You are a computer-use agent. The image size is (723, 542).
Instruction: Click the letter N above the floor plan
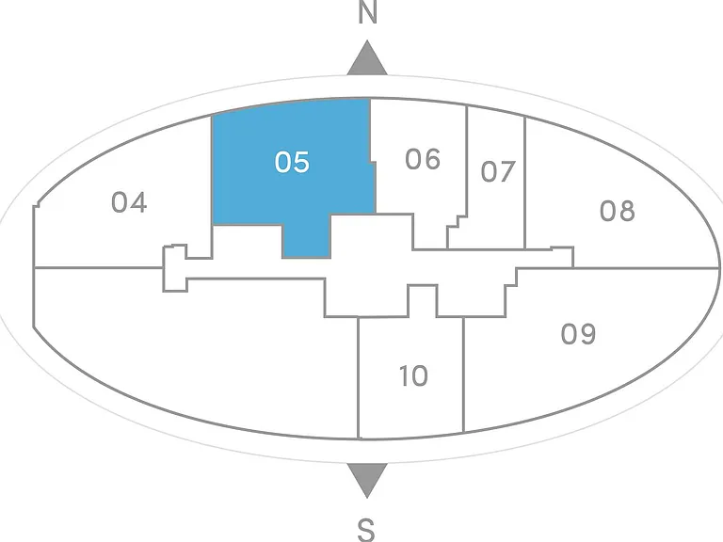pos(367,12)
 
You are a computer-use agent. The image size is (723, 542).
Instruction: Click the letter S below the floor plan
pos(366,530)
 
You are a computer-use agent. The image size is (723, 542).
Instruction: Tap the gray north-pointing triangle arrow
pos(367,58)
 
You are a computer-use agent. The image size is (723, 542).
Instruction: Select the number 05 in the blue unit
pos(292,162)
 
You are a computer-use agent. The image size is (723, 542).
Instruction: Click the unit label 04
pos(129,202)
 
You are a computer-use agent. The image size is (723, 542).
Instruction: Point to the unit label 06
pos(423,159)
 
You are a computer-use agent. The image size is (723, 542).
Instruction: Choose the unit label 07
pos(498,172)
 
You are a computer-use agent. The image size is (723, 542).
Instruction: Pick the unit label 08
pos(618,211)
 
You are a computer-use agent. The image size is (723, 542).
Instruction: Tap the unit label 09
pos(579,334)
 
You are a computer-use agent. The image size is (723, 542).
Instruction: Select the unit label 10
pos(413,375)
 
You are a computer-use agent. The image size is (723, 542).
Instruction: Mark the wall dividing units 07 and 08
pos(525,183)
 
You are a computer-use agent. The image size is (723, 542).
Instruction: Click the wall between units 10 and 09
pos(463,375)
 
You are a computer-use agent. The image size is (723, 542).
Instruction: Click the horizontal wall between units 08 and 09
pos(646,268)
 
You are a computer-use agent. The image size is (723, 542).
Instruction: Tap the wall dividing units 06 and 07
pos(467,161)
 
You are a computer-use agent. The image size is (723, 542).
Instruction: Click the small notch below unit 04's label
pos(175,268)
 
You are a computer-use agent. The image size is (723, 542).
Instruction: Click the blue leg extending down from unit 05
pos(307,241)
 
